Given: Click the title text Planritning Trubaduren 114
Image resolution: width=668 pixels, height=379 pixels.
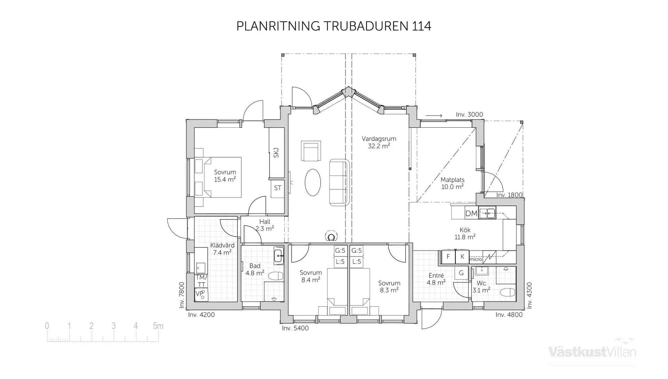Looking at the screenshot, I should point(334,26).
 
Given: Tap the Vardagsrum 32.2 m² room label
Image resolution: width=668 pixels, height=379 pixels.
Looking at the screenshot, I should point(379,142).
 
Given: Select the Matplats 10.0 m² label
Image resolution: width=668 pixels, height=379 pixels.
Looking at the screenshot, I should point(452,183).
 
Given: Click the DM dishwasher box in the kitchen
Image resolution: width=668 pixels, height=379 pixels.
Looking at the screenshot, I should point(471,213).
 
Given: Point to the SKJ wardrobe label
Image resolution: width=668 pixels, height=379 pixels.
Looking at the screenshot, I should point(276,153).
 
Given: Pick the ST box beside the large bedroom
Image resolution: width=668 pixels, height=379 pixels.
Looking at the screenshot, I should point(278,188).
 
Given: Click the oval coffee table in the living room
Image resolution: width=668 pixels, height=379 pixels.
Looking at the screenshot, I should point(313,182).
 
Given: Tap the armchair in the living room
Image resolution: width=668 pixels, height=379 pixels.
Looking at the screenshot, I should point(311,151).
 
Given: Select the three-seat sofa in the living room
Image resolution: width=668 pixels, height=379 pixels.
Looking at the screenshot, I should point(339,182).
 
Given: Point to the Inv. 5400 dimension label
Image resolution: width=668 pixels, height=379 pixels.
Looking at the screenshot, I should point(295,328).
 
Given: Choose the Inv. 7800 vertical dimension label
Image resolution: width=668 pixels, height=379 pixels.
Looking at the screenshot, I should point(182,295).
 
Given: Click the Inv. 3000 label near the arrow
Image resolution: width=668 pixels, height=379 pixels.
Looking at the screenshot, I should point(469,115).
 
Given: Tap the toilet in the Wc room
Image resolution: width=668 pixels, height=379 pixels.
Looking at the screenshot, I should point(507,292).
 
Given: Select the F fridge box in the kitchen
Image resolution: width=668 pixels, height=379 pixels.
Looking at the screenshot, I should point(448,256).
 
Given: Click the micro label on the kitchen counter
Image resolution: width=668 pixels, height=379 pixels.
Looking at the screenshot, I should point(476,259).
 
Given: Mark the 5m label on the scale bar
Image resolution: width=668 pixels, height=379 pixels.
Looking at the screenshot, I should point(158,326).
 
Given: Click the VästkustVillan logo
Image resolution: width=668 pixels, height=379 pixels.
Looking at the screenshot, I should point(592,352).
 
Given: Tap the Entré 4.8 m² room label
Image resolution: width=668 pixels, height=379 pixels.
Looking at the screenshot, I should point(436,279).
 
